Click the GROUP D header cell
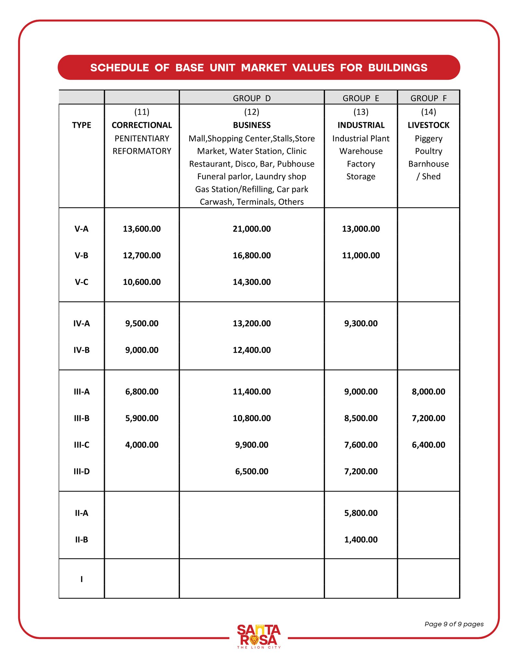click(x=252, y=98)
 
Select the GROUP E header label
click(x=361, y=98)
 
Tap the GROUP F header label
click(x=428, y=98)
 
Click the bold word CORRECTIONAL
click(x=142, y=125)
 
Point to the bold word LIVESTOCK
click(x=428, y=125)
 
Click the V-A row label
click(x=81, y=229)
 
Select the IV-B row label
click(x=81, y=350)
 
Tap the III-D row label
click(x=81, y=471)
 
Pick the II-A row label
click(x=81, y=513)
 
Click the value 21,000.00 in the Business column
click(x=252, y=229)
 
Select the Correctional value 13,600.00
click(x=142, y=229)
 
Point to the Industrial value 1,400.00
click(x=361, y=540)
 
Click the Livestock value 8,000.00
click(x=428, y=392)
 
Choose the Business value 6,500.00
click(x=252, y=471)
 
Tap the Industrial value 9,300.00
click(x=361, y=324)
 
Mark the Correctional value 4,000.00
click(x=142, y=445)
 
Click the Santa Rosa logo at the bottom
click(x=259, y=636)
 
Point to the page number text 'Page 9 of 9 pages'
click(x=454, y=624)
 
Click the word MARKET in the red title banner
click(x=264, y=68)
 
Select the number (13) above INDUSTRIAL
click(x=361, y=112)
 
